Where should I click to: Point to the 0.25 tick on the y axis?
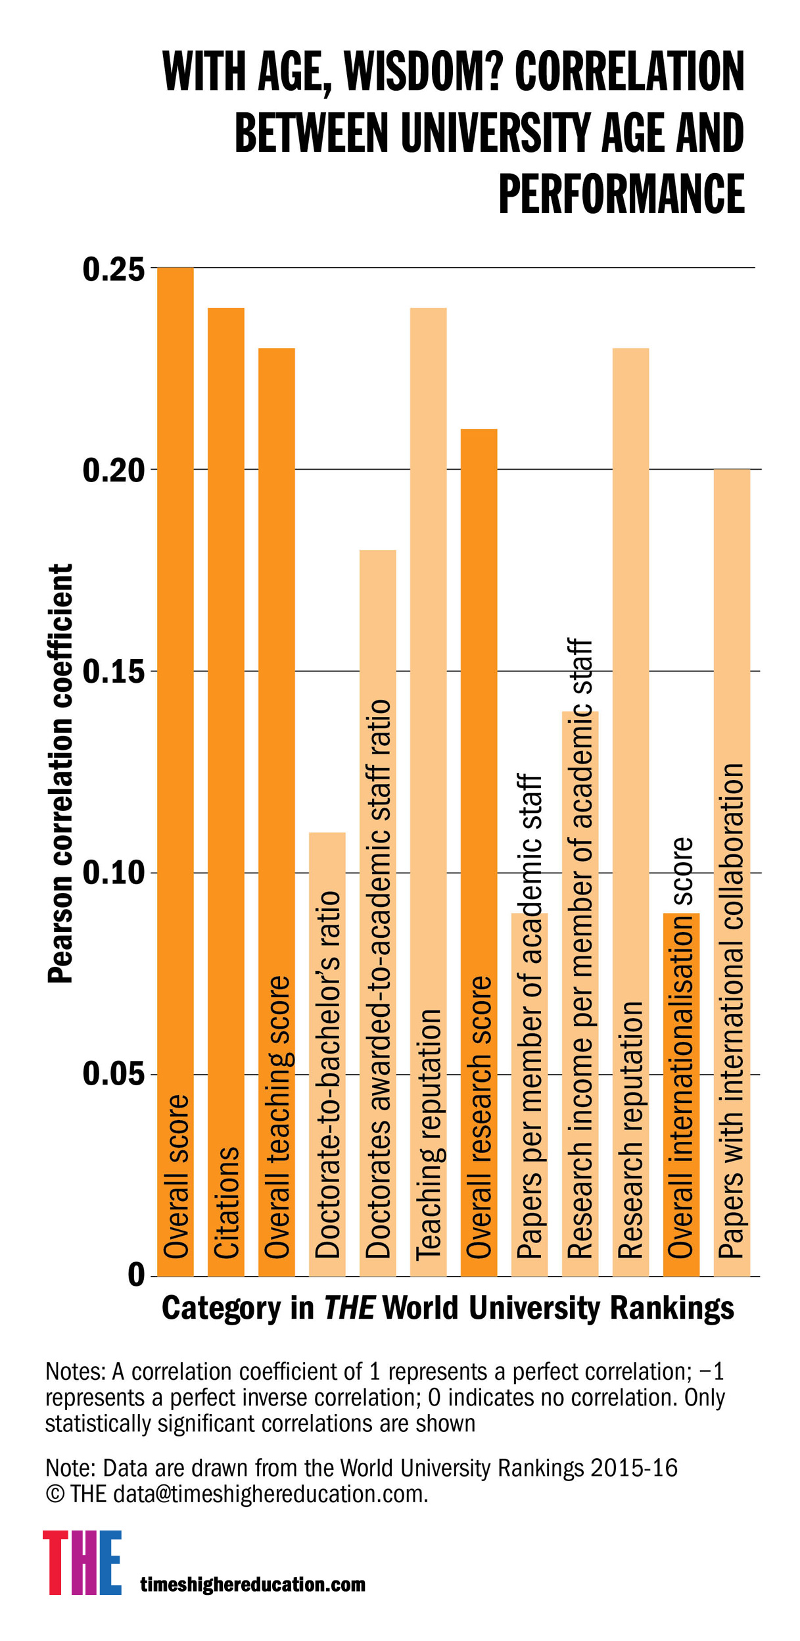[113, 270]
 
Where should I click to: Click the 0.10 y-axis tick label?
[113, 873]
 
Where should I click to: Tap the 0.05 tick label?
[113, 1075]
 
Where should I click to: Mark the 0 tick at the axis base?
[136, 1275]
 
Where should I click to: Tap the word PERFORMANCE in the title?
[621, 193]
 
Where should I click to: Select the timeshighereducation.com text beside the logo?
[253, 1584]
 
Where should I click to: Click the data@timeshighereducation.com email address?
[270, 1494]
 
